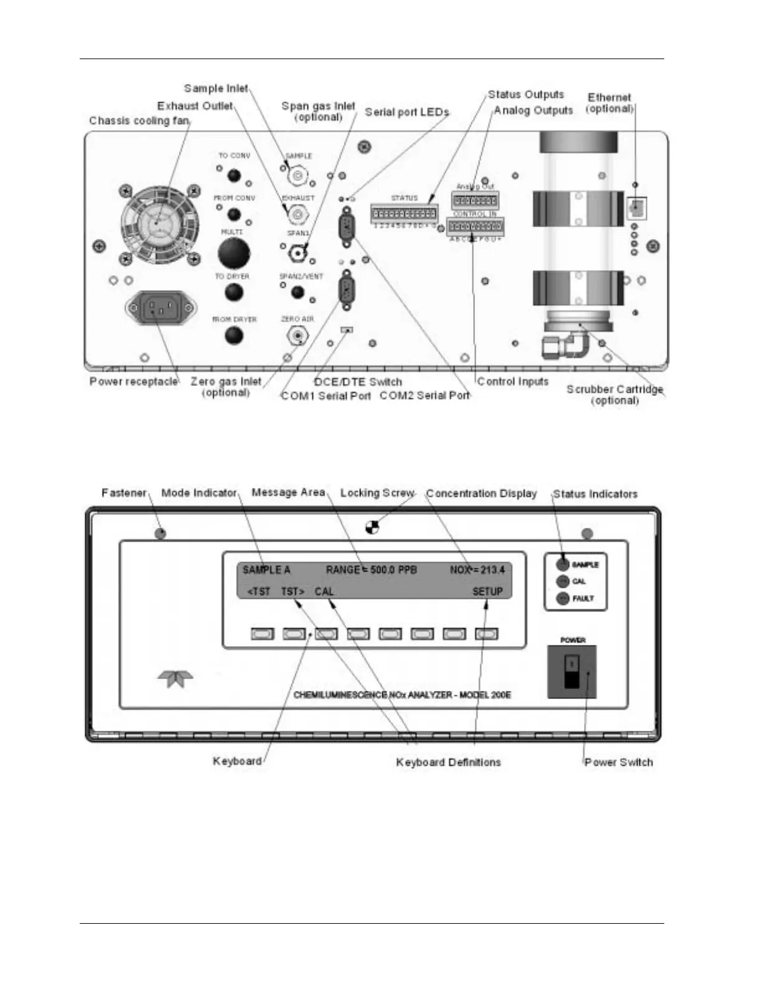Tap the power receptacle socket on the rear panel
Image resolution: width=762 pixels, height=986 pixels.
(161, 308)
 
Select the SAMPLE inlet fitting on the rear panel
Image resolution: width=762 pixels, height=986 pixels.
(298, 176)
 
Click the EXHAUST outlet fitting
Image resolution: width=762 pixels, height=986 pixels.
(298, 215)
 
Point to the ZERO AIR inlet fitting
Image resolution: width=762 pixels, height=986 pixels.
(298, 336)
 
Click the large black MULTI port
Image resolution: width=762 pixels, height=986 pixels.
(234, 254)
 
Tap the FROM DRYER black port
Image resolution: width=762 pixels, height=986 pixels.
(234, 336)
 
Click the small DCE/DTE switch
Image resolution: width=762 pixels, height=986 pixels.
(347, 329)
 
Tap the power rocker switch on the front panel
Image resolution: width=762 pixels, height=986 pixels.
(571, 672)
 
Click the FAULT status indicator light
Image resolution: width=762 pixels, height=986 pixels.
(562, 599)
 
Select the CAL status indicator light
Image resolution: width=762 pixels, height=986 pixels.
(562, 581)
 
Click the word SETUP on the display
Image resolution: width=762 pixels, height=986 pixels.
(487, 591)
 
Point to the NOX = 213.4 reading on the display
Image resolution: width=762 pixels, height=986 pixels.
(477, 570)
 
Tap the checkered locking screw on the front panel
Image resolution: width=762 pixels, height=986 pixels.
(372, 528)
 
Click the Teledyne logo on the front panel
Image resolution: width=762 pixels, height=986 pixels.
(175, 678)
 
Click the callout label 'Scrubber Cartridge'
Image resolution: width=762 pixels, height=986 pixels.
(614, 390)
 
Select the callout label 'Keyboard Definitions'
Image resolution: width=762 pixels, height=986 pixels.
(448, 762)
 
